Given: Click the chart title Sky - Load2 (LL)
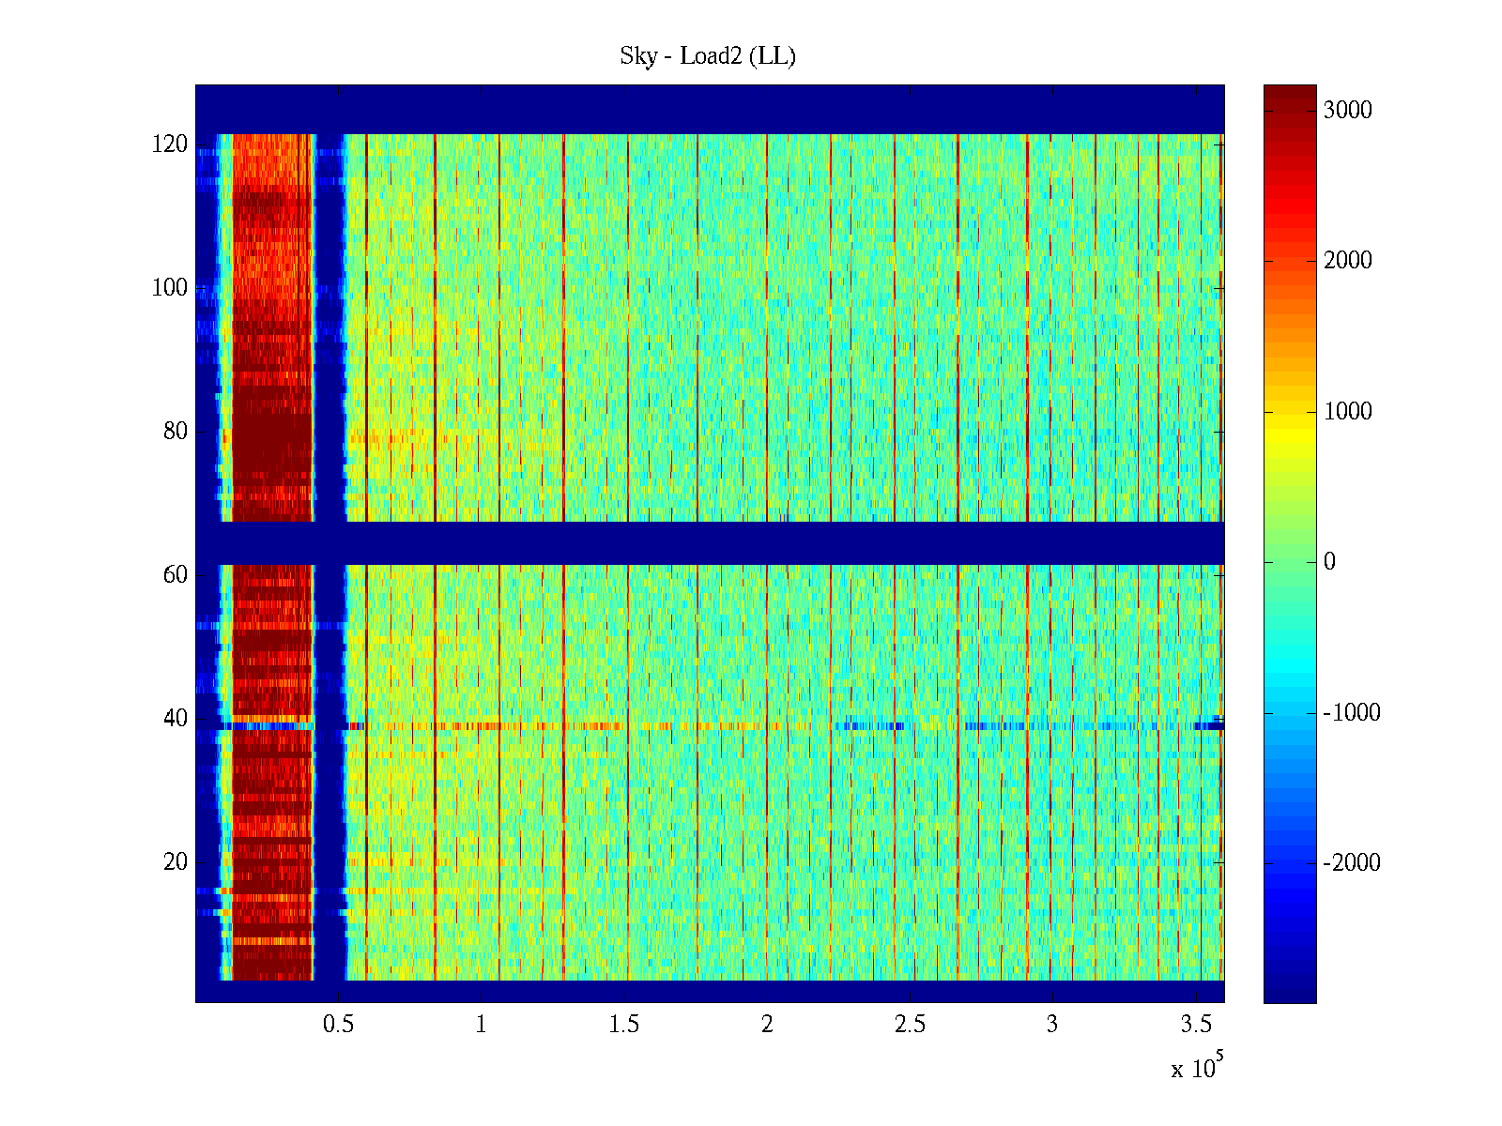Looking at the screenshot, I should [708, 56].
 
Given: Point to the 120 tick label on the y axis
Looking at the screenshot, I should [170, 145].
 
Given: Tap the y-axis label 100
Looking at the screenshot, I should [170, 288].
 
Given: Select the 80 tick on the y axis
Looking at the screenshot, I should [176, 432].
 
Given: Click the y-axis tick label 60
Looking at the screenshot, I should [176, 575].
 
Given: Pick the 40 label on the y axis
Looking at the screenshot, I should [176, 719].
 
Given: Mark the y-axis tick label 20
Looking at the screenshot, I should [176, 862].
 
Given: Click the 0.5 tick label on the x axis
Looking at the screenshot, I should [338, 1025].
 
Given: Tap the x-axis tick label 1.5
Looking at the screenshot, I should [624, 1025].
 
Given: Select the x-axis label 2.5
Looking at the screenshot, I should [910, 1025].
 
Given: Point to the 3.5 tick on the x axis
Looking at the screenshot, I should [1196, 1025].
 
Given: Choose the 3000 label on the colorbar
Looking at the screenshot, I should [1347, 111].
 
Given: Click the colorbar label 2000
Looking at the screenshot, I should [1347, 261].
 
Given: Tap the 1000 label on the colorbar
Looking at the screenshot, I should [1347, 412].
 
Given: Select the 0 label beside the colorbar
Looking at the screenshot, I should [1329, 562].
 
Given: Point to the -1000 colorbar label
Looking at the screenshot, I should [1351, 713].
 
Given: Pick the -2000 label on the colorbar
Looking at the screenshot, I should [1351, 863].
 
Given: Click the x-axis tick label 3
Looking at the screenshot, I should [1052, 1025].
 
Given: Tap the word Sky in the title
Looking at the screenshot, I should [638, 56].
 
